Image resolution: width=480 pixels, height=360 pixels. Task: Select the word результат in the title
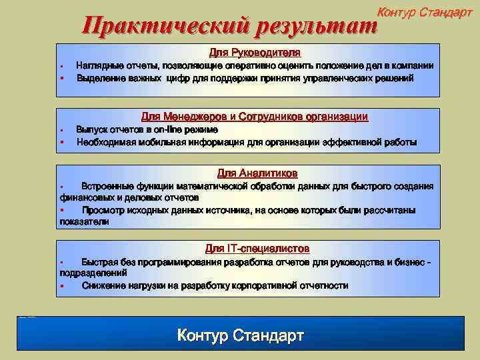pos(312,27)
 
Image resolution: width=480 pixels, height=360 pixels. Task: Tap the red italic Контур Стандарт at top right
pos(425,13)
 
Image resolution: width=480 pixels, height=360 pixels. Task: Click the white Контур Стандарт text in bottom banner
pos(240,335)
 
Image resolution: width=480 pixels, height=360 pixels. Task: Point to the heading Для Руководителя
pos(255,52)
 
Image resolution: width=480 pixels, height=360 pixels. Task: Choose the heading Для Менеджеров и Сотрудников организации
pos(255,117)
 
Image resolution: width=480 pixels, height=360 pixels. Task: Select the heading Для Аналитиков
pos(257,173)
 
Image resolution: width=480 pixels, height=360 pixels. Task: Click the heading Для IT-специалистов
pos(257,249)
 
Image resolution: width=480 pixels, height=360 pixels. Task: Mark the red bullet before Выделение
pos(61,79)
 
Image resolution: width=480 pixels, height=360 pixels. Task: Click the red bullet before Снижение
pos(61,286)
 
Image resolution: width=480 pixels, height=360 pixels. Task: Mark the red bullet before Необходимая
pos(61,142)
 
